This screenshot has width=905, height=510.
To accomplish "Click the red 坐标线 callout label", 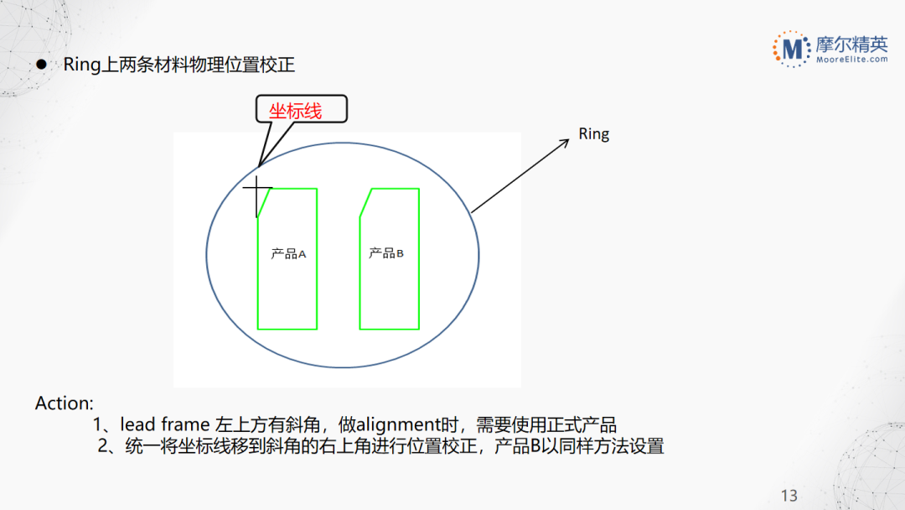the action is click(295, 110).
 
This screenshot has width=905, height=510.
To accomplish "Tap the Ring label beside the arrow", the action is click(594, 134).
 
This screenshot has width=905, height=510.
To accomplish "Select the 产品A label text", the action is click(288, 253).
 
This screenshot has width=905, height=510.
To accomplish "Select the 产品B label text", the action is click(386, 253).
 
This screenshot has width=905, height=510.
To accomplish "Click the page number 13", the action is click(789, 495).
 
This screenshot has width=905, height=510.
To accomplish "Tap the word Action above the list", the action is click(64, 403).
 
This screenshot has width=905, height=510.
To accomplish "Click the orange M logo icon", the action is click(790, 48).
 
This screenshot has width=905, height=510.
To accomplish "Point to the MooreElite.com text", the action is click(851, 60).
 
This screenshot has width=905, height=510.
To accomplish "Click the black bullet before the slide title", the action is click(40, 65).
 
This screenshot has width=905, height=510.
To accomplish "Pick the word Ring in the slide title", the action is click(81, 65).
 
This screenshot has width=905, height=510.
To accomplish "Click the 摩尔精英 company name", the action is click(851, 43).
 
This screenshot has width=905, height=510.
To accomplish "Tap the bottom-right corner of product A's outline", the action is click(317, 328).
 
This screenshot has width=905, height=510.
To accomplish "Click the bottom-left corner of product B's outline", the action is click(359, 328).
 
